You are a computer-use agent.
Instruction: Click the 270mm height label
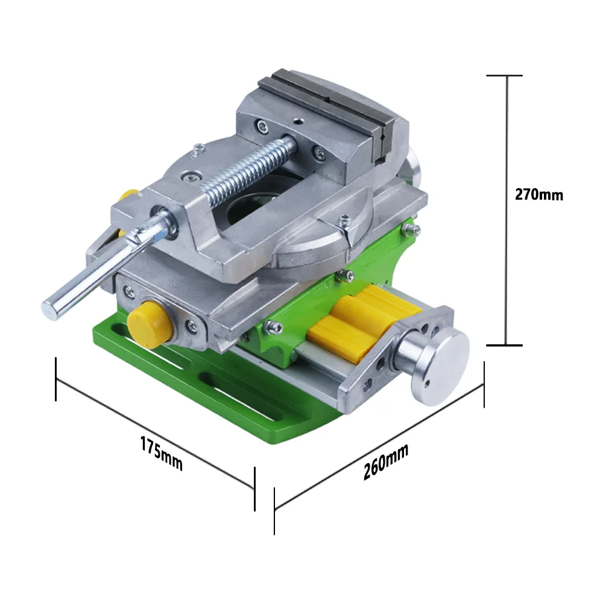pos(538,195)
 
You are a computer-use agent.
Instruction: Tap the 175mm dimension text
pos(162,453)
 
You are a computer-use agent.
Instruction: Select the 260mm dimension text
pos(386,461)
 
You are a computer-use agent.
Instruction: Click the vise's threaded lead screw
pos(250,169)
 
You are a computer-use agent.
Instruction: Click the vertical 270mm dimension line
pos(507,210)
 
